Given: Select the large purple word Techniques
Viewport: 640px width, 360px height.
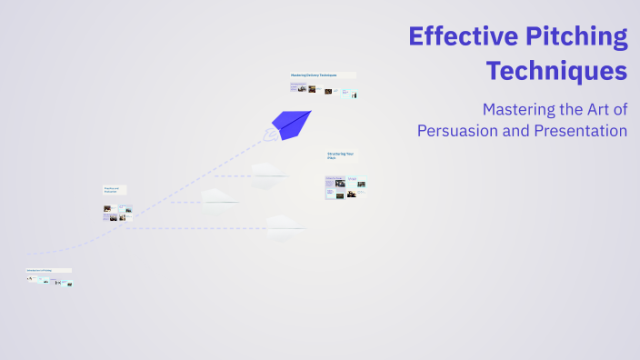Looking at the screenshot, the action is [556, 70].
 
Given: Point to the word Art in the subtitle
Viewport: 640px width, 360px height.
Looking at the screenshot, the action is [596, 110].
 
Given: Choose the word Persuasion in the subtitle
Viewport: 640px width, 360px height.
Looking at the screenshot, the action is [457, 130].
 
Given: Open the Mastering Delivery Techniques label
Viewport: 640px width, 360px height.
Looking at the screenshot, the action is [314, 75].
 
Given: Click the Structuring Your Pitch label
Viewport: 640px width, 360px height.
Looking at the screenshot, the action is [342, 155].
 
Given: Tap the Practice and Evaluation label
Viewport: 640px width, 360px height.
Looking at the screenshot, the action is [113, 190].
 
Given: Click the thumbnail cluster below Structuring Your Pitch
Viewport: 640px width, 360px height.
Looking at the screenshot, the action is [345, 187].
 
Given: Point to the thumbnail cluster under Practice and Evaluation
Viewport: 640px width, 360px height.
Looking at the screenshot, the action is [117, 214].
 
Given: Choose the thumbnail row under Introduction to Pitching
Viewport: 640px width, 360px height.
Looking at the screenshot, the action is [50, 281].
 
